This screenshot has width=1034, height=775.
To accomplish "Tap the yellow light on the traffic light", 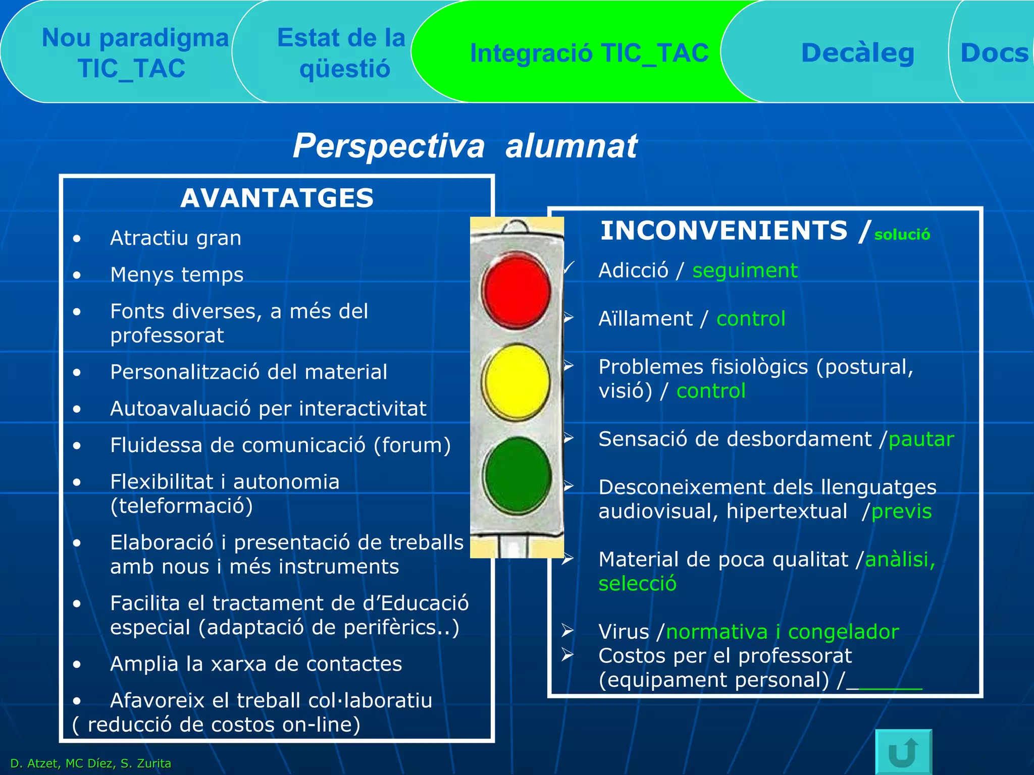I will (516, 381).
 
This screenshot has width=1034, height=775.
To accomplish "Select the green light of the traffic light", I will (516, 475).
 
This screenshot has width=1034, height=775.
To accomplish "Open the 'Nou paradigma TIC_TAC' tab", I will (135, 53).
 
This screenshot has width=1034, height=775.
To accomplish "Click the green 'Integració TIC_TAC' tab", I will (589, 53).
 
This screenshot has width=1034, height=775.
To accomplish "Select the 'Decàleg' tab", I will (857, 53).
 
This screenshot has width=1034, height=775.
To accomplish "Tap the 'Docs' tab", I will (994, 53).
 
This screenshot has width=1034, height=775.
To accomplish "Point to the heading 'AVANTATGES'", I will (277, 198).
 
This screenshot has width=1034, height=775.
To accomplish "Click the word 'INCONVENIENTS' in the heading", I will (723, 231).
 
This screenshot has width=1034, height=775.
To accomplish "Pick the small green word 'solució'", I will (902, 235).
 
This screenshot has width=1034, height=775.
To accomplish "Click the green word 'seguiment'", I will (745, 271).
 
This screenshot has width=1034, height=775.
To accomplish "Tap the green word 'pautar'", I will (921, 439).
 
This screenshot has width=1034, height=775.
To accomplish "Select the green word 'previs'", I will (901, 512).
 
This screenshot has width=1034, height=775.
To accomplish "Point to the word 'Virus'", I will (624, 632).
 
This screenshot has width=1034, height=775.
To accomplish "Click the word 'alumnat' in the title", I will (571, 146).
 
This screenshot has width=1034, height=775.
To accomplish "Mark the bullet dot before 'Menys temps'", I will (77, 275).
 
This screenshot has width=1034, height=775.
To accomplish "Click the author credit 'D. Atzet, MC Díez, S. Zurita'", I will (91, 763).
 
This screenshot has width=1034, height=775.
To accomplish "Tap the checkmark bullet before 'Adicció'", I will (569, 267).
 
